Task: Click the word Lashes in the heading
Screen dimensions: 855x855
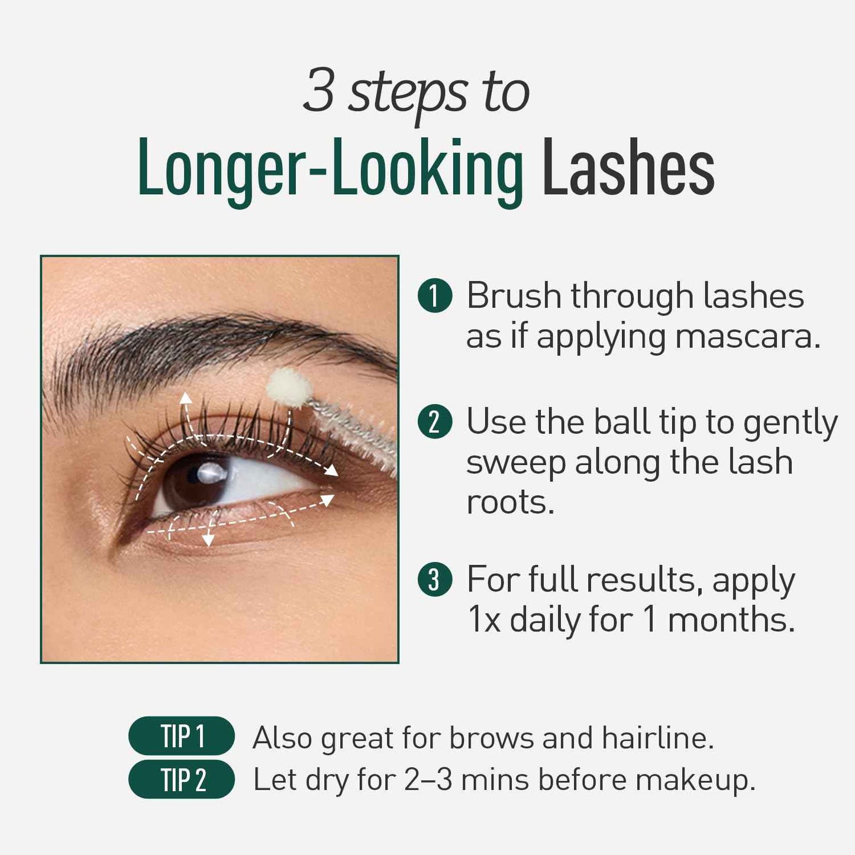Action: pos(628,167)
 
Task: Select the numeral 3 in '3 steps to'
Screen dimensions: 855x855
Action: pos(319,92)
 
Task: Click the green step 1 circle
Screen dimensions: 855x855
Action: pos(435,296)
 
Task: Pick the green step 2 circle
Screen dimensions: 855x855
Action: pos(435,422)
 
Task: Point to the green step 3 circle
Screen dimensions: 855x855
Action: pos(435,579)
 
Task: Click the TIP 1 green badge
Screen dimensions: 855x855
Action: pos(182,736)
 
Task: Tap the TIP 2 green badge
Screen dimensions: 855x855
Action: pos(182,779)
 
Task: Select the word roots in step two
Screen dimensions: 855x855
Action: pos(510,502)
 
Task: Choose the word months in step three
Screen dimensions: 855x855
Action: pos(731,620)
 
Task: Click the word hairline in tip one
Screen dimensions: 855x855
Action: pos(658,738)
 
